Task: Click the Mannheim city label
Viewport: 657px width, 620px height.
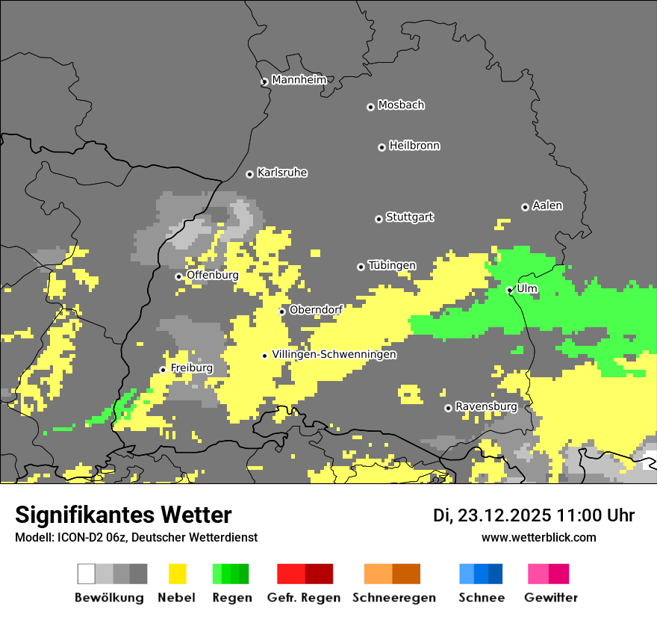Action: [299, 80]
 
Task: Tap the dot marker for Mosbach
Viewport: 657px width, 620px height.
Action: [370, 107]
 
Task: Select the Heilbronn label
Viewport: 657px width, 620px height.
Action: [414, 146]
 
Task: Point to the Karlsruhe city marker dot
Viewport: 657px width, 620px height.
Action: [249, 174]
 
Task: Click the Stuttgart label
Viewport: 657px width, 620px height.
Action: [409, 217]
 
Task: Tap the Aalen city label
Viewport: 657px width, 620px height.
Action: [547, 205]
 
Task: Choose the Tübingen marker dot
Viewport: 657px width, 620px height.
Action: [361, 267]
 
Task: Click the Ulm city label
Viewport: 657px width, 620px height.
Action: [526, 288]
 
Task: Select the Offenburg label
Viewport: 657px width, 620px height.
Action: [212, 275]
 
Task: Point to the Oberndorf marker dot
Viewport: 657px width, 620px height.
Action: [281, 311]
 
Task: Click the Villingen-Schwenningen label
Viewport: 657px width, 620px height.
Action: [334, 355]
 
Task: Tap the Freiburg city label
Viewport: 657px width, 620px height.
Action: [191, 368]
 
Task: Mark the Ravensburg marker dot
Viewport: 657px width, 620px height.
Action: [448, 408]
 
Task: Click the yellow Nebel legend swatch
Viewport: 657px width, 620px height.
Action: [177, 574]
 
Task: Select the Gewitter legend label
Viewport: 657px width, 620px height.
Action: [551, 598]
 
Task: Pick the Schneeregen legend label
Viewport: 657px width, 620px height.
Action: [393, 598]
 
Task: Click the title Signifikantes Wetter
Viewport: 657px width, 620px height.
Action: [123, 515]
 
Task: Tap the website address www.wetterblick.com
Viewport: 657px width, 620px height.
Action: [538, 538]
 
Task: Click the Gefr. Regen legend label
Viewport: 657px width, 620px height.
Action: [304, 598]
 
